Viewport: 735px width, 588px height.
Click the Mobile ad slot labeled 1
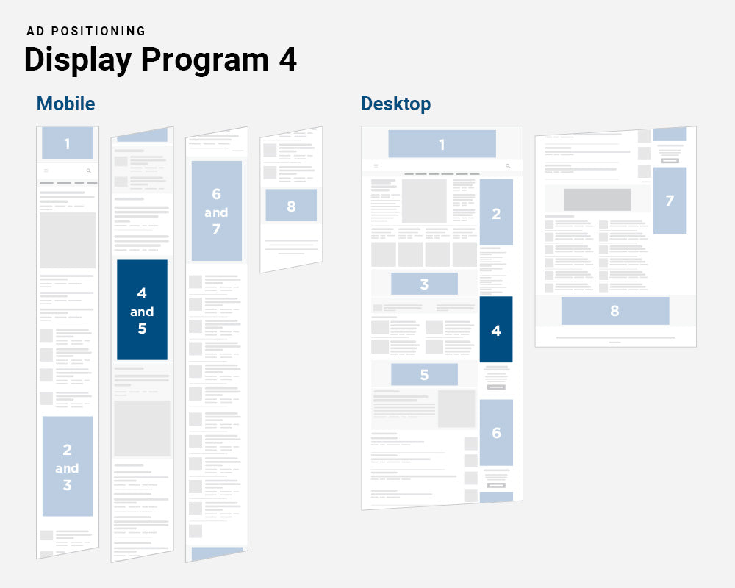click(67, 143)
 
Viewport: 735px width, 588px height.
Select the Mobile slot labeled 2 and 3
click(67, 467)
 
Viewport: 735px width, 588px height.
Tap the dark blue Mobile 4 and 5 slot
click(142, 310)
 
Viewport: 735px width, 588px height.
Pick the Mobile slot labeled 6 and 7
click(216, 212)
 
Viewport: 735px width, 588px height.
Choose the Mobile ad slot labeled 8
click(291, 206)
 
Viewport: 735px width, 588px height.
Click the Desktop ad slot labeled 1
click(442, 144)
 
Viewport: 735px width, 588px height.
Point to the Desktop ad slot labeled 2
click(496, 213)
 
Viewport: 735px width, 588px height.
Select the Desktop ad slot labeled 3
click(424, 284)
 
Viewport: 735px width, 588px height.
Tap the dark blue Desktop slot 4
click(496, 330)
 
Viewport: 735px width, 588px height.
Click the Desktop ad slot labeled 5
click(424, 374)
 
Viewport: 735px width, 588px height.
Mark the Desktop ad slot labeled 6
click(496, 433)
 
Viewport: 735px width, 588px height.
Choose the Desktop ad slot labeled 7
click(670, 200)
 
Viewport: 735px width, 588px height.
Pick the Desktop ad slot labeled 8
click(614, 311)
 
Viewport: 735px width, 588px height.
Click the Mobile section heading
click(65, 104)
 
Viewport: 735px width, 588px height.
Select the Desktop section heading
click(395, 104)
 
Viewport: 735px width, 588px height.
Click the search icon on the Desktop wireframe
click(508, 166)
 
